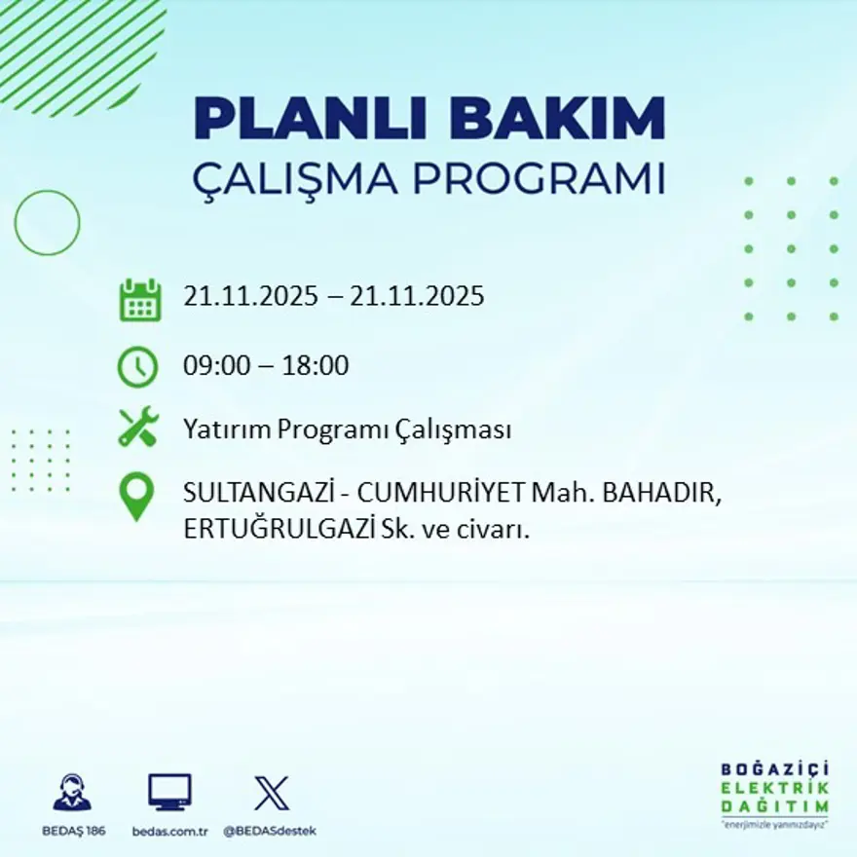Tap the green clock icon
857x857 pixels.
pos(137,367)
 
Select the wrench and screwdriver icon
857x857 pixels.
pos(138,428)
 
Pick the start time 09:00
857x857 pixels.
pos(212,367)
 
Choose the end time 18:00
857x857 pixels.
pos(316,367)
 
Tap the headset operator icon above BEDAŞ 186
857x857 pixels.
pos(72,793)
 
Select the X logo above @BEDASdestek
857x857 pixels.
pos(271,793)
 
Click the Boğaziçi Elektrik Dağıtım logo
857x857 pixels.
pos(775,792)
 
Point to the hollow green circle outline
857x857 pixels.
pos(47,223)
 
